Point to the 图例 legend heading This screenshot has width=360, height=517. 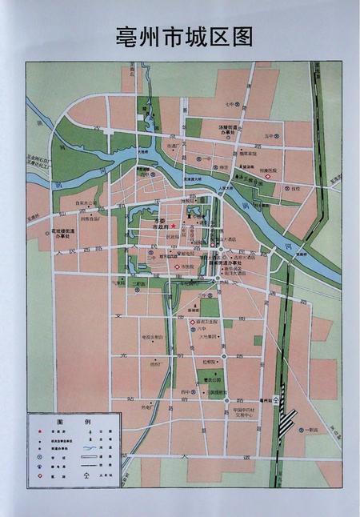[x=73, y=421]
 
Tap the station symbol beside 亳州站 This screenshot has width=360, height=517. [x=276, y=398]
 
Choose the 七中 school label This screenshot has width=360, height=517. [x=229, y=104]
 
